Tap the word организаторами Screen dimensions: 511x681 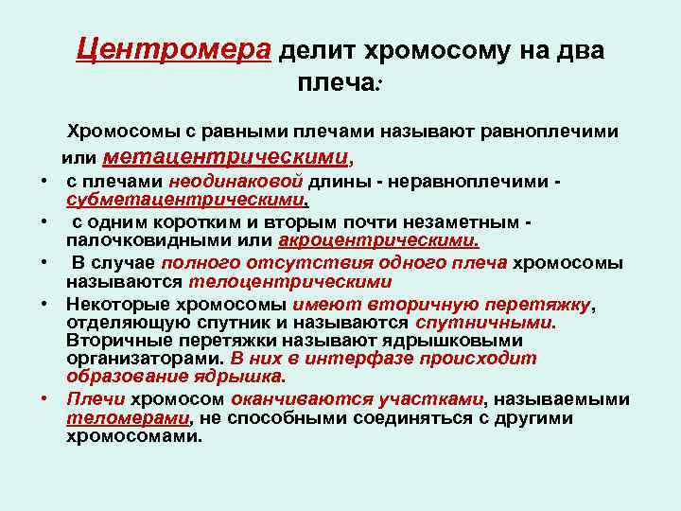[145, 359]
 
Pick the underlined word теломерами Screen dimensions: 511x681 [128, 417]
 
